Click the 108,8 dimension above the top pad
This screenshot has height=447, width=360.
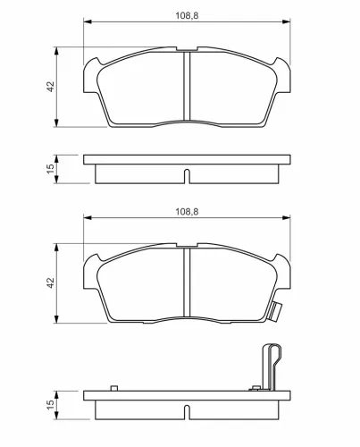187,15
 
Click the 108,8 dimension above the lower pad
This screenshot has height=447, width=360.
187,212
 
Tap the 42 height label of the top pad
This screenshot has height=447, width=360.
51,87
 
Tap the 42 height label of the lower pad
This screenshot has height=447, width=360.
51,283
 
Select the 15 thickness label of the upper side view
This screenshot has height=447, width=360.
51,169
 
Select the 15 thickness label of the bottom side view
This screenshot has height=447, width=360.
51,404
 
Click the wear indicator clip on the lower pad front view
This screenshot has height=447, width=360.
274,312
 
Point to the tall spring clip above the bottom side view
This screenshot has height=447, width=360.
271,367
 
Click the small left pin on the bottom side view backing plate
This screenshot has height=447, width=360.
114,388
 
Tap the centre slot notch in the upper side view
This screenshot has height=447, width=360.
187,176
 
